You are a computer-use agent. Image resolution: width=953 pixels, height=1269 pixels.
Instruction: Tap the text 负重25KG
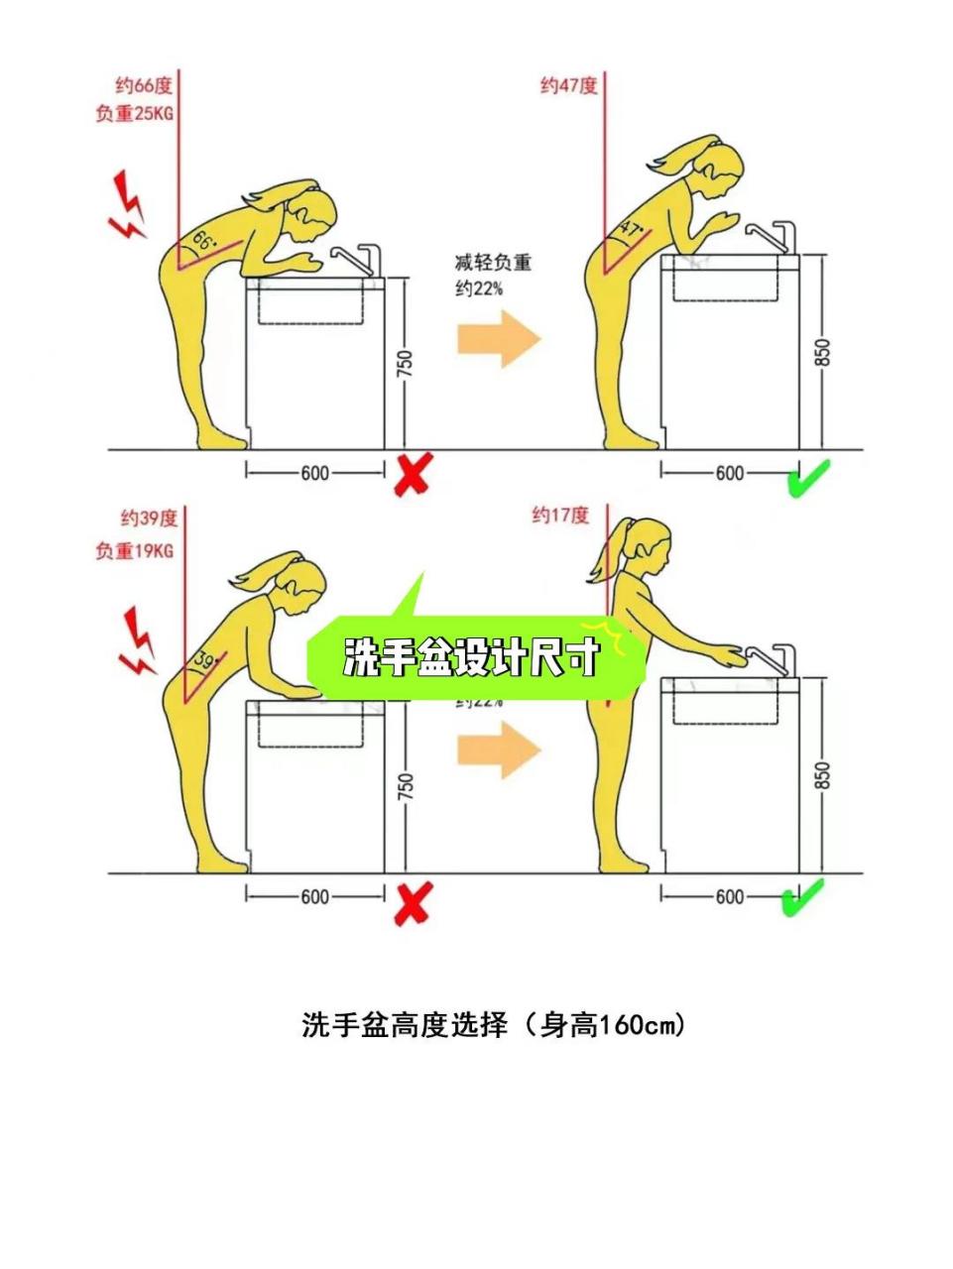[x=134, y=114]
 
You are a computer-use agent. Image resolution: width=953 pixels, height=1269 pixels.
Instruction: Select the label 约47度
[x=568, y=85]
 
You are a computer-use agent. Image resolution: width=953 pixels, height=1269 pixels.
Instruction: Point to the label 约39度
[x=149, y=518]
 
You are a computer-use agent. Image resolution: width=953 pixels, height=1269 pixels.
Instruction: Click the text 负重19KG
[x=134, y=550]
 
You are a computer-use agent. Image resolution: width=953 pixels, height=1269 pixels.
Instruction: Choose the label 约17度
[x=560, y=516]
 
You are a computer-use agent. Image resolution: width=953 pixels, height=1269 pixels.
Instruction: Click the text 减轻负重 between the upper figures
[x=493, y=263]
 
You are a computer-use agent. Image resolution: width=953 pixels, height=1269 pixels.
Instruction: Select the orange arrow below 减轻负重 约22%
[x=499, y=339]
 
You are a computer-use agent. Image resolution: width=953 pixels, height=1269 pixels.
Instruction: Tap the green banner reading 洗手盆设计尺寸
[x=473, y=657]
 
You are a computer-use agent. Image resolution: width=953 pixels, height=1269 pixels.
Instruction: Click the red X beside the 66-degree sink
[x=412, y=475]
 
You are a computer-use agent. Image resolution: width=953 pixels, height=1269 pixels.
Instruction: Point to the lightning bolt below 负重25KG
[x=127, y=206]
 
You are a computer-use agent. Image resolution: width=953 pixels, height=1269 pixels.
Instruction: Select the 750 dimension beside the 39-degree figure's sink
[x=405, y=787]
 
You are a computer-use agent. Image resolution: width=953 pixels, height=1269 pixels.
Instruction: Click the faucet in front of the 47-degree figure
[x=770, y=236]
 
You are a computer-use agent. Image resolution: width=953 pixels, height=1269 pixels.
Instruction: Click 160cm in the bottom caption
[x=637, y=1025]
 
